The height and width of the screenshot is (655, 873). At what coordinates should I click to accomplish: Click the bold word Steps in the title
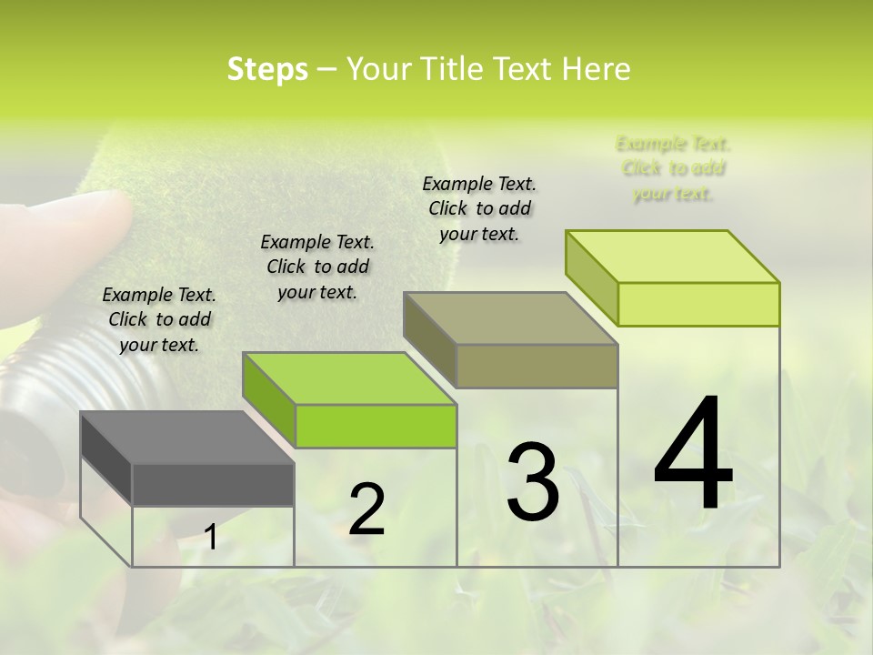[267, 69]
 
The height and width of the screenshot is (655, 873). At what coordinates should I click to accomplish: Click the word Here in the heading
[596, 69]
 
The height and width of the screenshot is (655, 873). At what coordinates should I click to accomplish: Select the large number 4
[693, 455]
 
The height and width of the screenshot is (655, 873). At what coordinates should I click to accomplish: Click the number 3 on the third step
[533, 482]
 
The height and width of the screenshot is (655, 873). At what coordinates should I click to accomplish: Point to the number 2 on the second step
[366, 509]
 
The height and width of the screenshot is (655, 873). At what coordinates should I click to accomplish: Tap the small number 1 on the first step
[211, 538]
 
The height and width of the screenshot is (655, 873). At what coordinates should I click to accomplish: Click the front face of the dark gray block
[213, 485]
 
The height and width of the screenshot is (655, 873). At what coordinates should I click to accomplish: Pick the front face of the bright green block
[375, 426]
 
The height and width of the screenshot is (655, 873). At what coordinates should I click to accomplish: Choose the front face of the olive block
[537, 366]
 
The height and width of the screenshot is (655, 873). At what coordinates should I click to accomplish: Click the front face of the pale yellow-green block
[698, 304]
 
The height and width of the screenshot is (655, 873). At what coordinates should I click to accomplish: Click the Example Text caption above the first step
[159, 319]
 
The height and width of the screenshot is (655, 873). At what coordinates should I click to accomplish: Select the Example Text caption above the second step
[317, 267]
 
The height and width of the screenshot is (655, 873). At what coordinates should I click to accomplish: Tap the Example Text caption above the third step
[479, 208]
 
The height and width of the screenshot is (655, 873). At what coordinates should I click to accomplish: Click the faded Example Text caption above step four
[673, 168]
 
